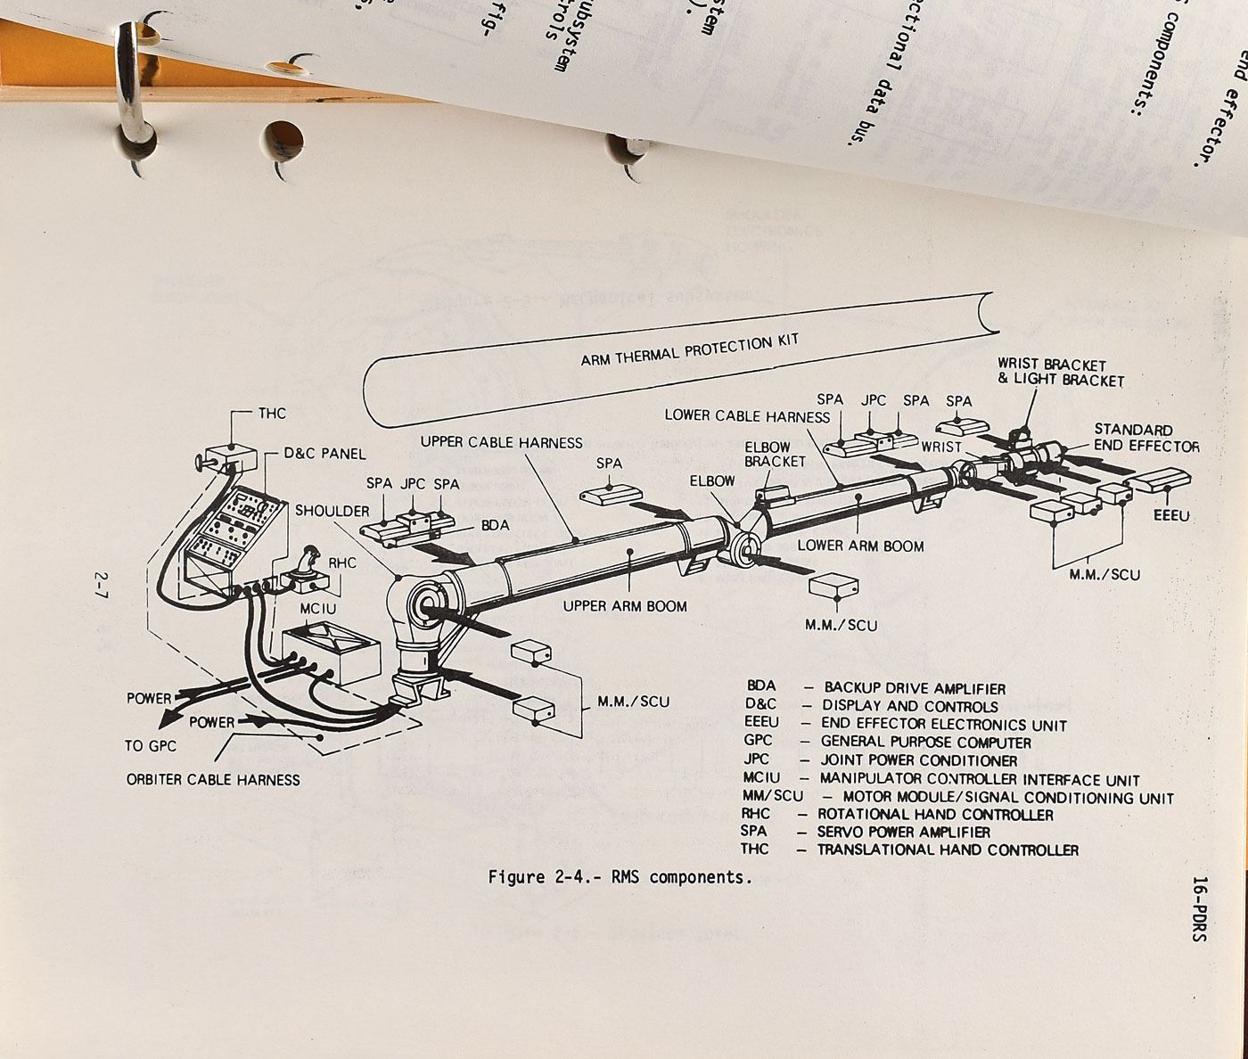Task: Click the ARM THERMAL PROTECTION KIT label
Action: coord(689,349)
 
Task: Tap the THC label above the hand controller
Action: coord(272,414)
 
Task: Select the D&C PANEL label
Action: coord(324,454)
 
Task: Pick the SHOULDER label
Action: coord(332,511)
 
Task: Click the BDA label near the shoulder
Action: coord(495,525)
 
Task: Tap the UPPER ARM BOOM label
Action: coord(624,606)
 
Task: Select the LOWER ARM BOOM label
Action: coord(860,546)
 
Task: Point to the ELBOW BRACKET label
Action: coord(775,455)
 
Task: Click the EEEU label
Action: coord(1171,516)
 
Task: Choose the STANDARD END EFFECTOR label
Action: coord(1145,438)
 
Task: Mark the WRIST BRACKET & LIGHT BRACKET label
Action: coord(1059,373)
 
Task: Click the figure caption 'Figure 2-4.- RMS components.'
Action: coord(620,877)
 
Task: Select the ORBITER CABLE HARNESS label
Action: coord(213,780)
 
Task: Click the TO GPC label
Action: coord(151,746)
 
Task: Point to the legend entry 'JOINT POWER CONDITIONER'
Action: coord(918,760)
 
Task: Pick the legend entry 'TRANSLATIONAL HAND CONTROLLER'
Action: coord(947,850)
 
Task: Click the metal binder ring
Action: coord(130,89)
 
